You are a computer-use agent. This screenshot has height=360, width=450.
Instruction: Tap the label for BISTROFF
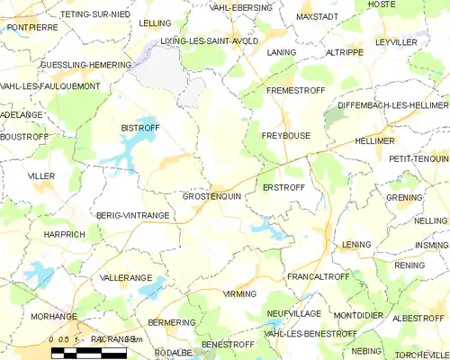pyautogui.click(x=139, y=129)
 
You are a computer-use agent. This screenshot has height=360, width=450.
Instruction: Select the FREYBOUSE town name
pyautogui.click(x=288, y=136)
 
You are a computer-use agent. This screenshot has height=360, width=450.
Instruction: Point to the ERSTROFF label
pyautogui.click(x=284, y=187)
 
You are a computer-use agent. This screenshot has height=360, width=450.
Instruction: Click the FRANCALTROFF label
pyautogui.click(x=316, y=276)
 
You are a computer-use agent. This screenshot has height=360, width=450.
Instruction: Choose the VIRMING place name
pyautogui.click(x=238, y=294)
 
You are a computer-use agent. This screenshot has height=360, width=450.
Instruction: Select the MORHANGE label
pyautogui.click(x=52, y=317)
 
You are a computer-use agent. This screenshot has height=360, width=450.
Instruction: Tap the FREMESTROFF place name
pyautogui.click(x=293, y=91)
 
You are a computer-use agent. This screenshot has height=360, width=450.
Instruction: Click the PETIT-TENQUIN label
pyautogui.click(x=412, y=158)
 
